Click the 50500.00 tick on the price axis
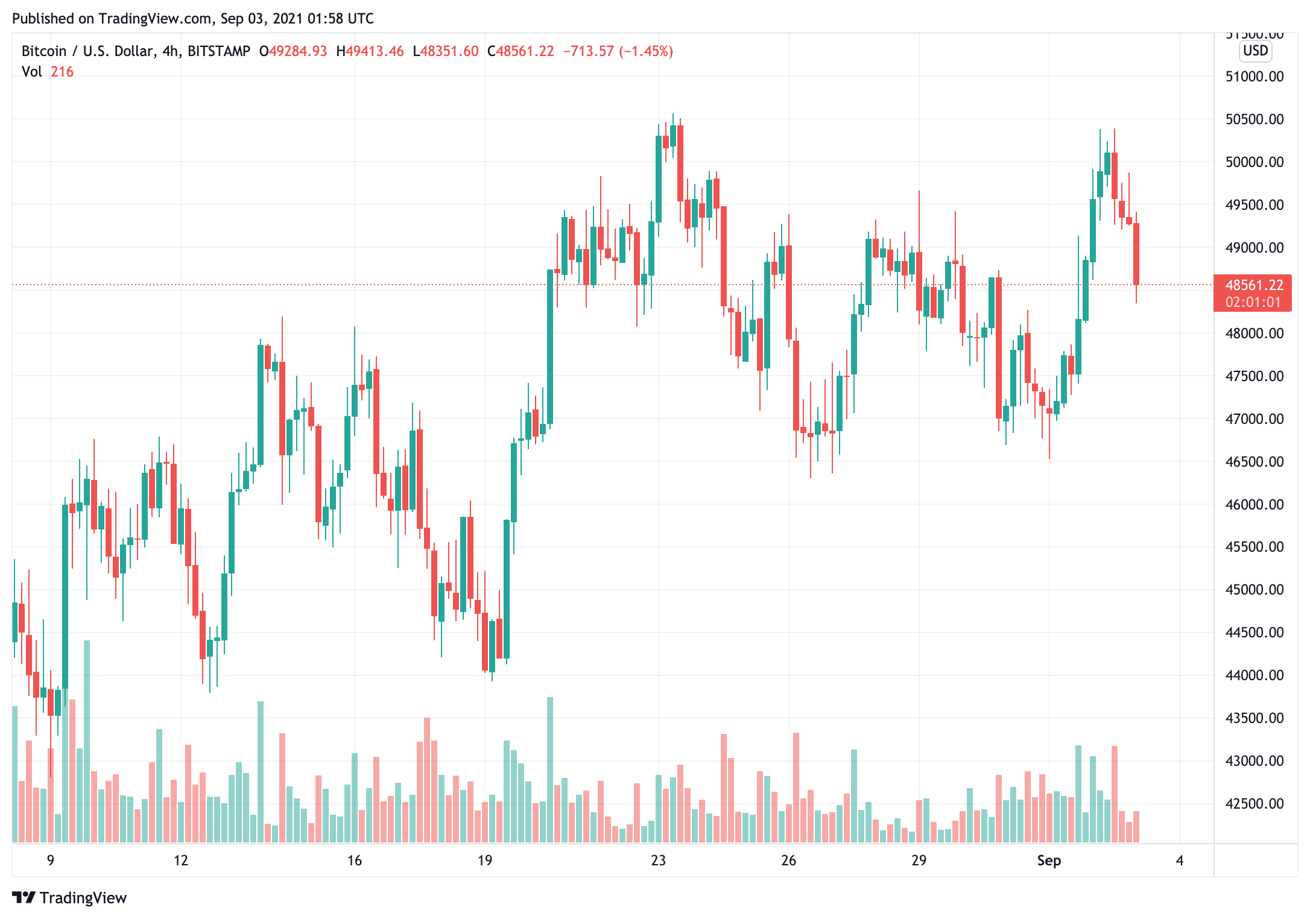pyautogui.click(x=1254, y=119)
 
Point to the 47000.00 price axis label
pyautogui.click(x=1254, y=419)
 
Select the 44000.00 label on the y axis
pyautogui.click(x=1254, y=675)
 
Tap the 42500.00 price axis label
pyautogui.click(x=1254, y=804)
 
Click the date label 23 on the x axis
pyautogui.click(x=658, y=861)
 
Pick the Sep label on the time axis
pyautogui.click(x=1049, y=861)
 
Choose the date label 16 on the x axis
pyautogui.click(x=355, y=861)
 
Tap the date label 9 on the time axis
pyautogui.click(x=51, y=861)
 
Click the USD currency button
pyautogui.click(x=1256, y=51)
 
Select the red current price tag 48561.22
pyautogui.click(x=1254, y=285)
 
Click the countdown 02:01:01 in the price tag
pyautogui.click(x=1253, y=302)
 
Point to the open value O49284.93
pyautogui.click(x=293, y=51)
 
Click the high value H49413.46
pyautogui.click(x=370, y=51)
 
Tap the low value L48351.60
pyautogui.click(x=446, y=51)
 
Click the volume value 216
pyautogui.click(x=62, y=72)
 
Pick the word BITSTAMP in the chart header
pyautogui.click(x=219, y=51)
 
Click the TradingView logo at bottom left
pyautogui.click(x=69, y=898)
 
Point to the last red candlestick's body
pyautogui.click(x=1136, y=254)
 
